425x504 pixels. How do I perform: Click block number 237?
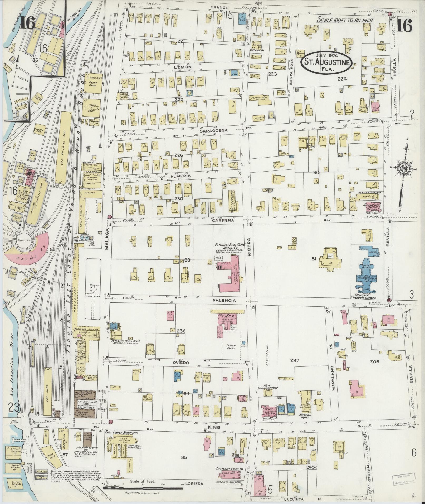(x=295, y=360)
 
